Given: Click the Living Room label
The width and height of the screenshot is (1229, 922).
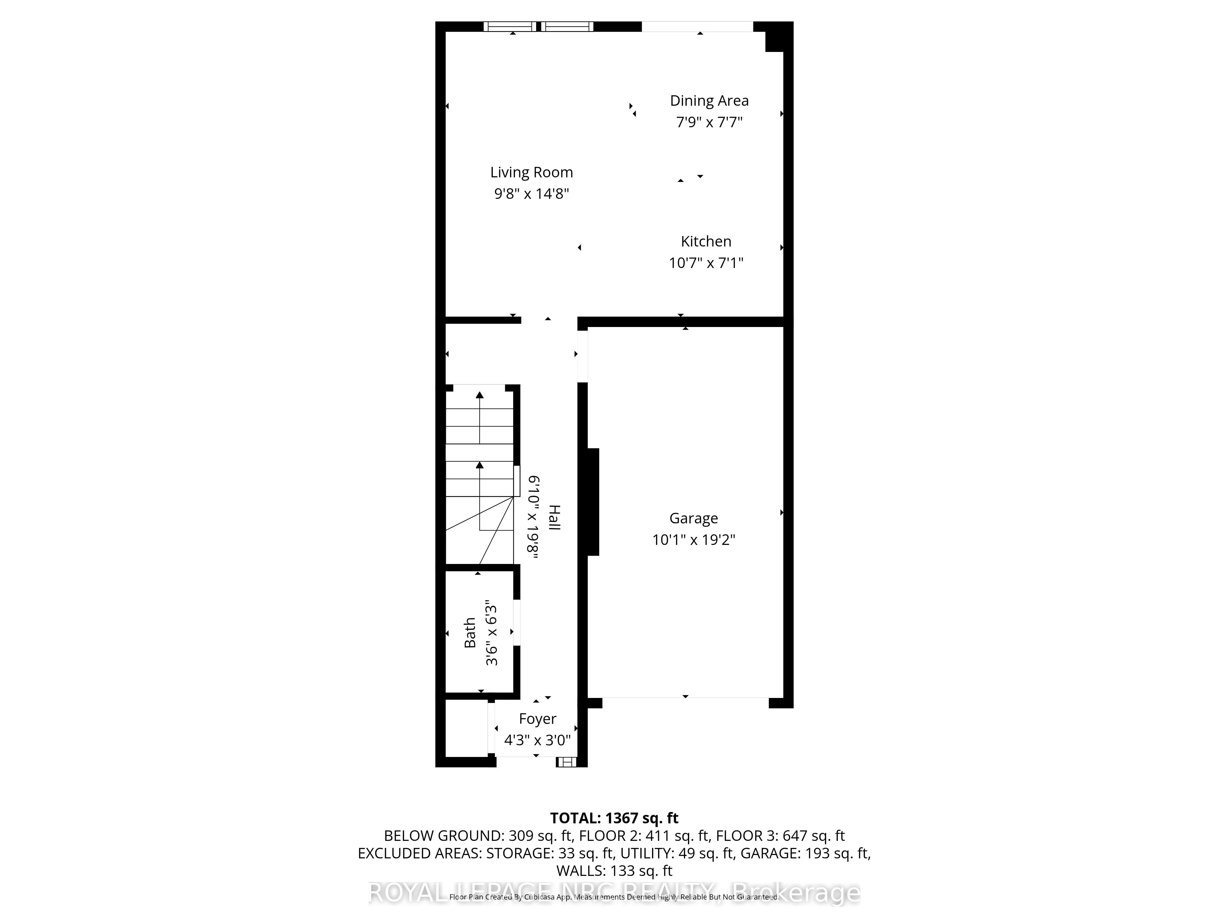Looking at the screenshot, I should pyautogui.click(x=531, y=172).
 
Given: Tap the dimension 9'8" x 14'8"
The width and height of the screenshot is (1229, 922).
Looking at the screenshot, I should pyautogui.click(x=531, y=194).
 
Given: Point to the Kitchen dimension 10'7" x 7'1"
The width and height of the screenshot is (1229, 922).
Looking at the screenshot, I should pyautogui.click(x=706, y=263).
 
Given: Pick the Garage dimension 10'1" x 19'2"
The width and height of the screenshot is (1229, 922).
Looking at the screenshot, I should pyautogui.click(x=693, y=540).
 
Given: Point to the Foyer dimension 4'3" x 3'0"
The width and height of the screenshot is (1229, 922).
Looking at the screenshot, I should pyautogui.click(x=537, y=740).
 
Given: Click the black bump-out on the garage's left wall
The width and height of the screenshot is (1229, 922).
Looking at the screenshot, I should pyautogui.click(x=593, y=502).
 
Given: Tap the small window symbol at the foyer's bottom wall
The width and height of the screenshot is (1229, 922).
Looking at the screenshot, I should pyautogui.click(x=567, y=762).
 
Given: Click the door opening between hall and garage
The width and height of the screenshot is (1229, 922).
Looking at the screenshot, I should pyautogui.click(x=582, y=356).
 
